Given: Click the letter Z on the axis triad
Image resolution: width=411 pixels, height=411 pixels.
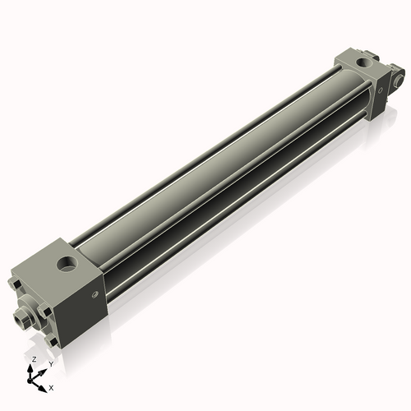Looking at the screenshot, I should (33, 360).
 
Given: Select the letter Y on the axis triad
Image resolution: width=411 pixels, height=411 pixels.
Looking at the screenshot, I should (50, 363).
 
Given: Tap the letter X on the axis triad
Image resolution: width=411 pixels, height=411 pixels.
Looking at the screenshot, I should (51, 386).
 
